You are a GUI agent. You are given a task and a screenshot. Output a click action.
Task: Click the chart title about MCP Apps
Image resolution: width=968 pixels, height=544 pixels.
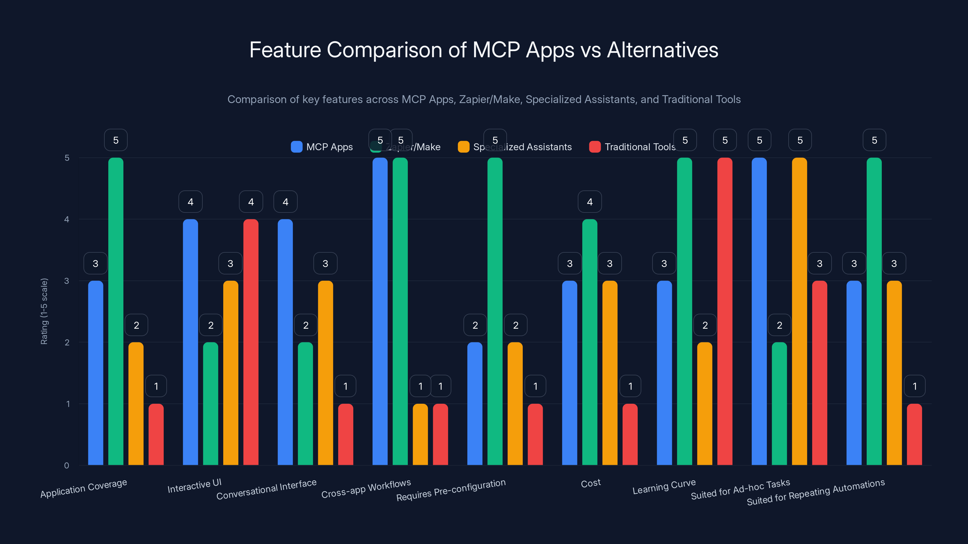(x=484, y=50)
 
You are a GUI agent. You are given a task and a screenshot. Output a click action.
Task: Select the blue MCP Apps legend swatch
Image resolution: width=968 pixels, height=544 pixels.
(x=296, y=147)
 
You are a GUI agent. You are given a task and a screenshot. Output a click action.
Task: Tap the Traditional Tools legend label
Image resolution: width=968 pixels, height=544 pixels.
(x=640, y=147)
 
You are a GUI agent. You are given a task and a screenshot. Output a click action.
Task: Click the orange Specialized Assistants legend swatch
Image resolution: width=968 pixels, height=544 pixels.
(x=463, y=147)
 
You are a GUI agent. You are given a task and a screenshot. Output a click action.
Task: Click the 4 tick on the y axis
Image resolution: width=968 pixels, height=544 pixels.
(x=67, y=219)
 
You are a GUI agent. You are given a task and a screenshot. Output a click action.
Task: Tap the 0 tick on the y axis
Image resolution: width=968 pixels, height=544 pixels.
(x=67, y=465)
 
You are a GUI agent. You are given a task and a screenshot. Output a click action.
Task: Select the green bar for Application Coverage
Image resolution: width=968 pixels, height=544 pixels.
(x=116, y=312)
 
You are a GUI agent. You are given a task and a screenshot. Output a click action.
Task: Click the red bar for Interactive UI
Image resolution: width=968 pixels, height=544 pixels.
(x=251, y=342)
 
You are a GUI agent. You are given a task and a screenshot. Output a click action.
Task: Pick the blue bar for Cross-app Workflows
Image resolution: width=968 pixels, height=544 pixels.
(x=380, y=312)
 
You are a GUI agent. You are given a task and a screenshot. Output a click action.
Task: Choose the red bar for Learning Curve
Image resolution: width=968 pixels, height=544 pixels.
(x=724, y=312)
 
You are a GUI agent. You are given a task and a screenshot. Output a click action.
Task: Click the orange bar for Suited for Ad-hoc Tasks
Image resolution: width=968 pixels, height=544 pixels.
(x=799, y=312)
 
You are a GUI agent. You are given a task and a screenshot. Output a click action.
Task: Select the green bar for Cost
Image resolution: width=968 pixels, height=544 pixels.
(x=590, y=342)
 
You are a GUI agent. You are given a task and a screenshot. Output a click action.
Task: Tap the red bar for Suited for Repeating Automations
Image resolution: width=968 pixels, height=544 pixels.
(x=914, y=435)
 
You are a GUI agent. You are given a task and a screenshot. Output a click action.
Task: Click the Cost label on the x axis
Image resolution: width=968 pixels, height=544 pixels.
(x=591, y=483)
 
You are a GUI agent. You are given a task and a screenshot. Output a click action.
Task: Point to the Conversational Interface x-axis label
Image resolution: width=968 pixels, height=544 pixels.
(x=267, y=489)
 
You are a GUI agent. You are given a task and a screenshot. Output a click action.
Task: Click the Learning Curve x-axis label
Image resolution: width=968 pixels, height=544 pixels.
(x=664, y=487)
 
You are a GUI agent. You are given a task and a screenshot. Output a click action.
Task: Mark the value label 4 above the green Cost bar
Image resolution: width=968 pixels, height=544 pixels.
(x=590, y=202)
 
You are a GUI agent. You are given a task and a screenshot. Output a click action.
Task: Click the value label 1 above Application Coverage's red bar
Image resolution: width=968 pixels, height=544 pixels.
(x=156, y=386)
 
